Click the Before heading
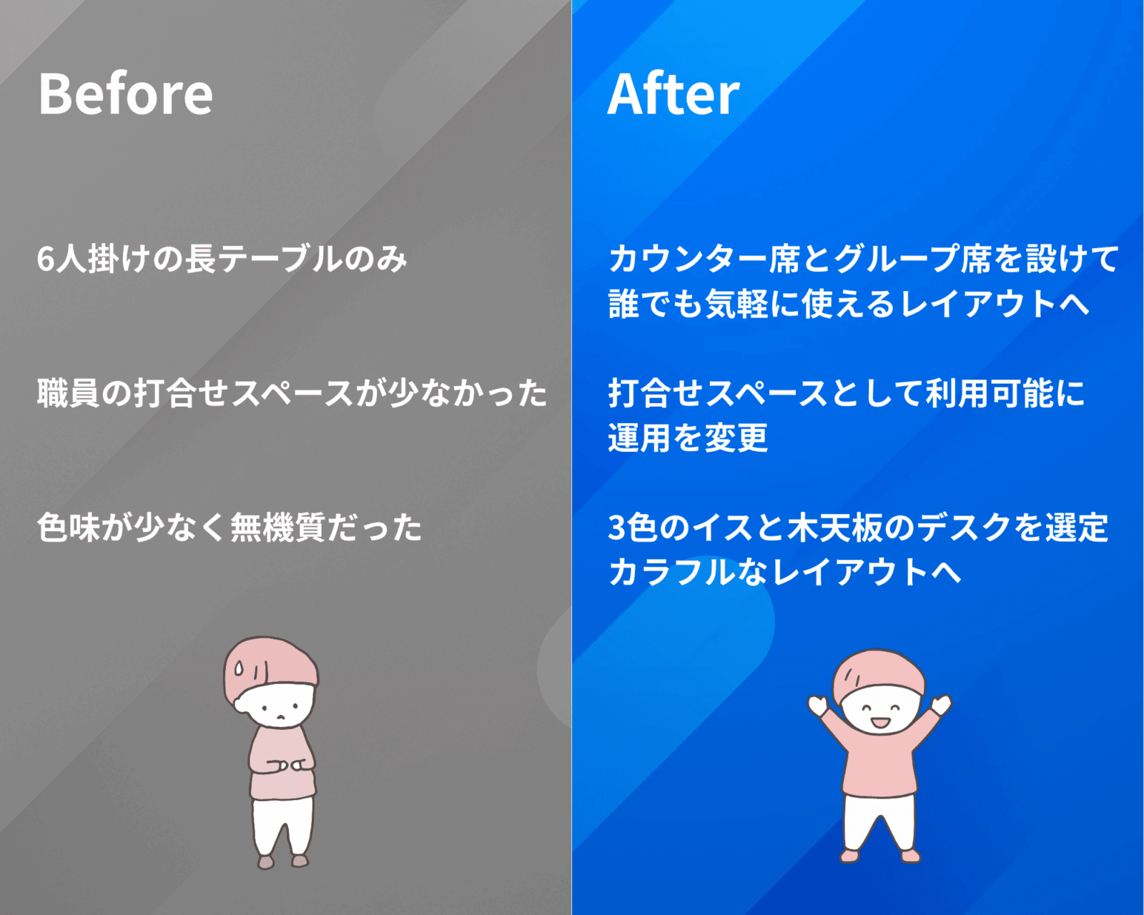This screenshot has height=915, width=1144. click(x=125, y=94)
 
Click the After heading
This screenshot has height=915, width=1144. click(x=674, y=94)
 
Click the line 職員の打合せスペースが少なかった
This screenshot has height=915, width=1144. click(x=292, y=393)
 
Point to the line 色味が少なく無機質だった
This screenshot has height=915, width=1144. click(x=229, y=528)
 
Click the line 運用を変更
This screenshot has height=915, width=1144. click(x=688, y=438)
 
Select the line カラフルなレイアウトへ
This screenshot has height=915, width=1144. click(x=784, y=573)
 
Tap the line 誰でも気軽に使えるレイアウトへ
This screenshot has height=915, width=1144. click(x=849, y=304)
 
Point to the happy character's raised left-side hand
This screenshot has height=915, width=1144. click(x=818, y=706)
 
